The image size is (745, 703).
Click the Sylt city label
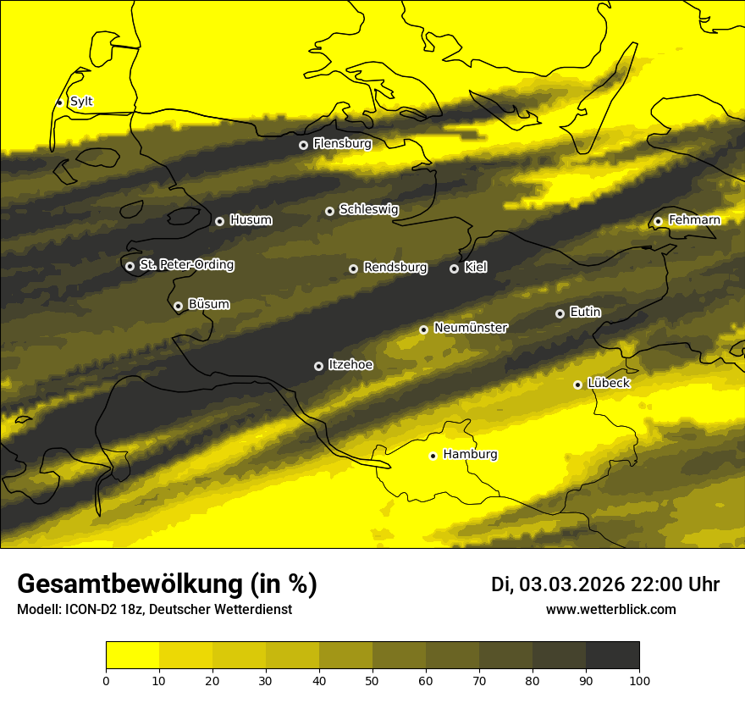click(x=81, y=102)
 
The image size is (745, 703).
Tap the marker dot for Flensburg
click(x=303, y=145)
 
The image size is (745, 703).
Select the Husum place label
click(x=251, y=220)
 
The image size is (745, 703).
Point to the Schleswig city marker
click(x=329, y=211)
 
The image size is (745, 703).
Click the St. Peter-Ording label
click(x=186, y=265)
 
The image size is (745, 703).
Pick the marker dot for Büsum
click(x=178, y=307)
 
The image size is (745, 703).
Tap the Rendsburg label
click(x=395, y=268)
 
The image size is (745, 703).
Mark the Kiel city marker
click(x=454, y=268)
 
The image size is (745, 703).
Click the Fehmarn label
click(x=694, y=220)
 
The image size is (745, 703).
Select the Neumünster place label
click(x=471, y=328)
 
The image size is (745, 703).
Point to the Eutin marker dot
click(x=560, y=313)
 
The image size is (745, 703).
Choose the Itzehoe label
click(x=350, y=365)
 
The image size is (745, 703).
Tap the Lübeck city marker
click(x=578, y=385)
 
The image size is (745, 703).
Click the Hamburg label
click(x=470, y=455)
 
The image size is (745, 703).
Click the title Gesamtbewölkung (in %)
click(x=167, y=584)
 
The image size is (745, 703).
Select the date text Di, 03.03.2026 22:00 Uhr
click(x=605, y=584)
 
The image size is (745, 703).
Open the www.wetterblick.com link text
click(x=611, y=609)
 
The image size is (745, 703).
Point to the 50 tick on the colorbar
click(x=372, y=679)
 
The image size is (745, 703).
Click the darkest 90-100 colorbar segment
click(x=612, y=656)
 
